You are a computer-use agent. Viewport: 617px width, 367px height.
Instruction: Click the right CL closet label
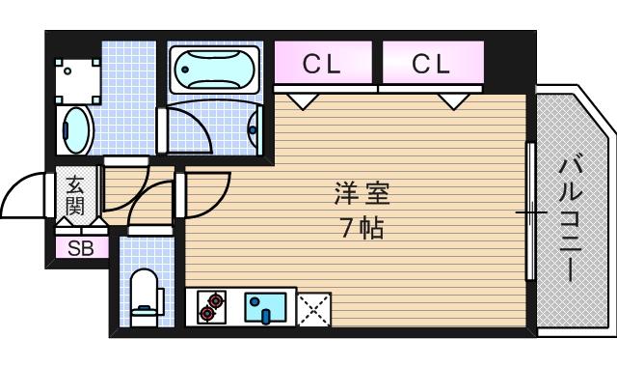click(x=431, y=65)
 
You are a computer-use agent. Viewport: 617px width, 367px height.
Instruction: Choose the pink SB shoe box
click(x=73, y=248)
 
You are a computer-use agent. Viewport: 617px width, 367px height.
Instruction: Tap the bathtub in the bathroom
click(x=213, y=69)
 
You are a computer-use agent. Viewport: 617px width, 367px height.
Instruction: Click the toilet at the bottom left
click(x=144, y=293)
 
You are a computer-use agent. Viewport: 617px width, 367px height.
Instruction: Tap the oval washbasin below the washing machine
click(x=76, y=129)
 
